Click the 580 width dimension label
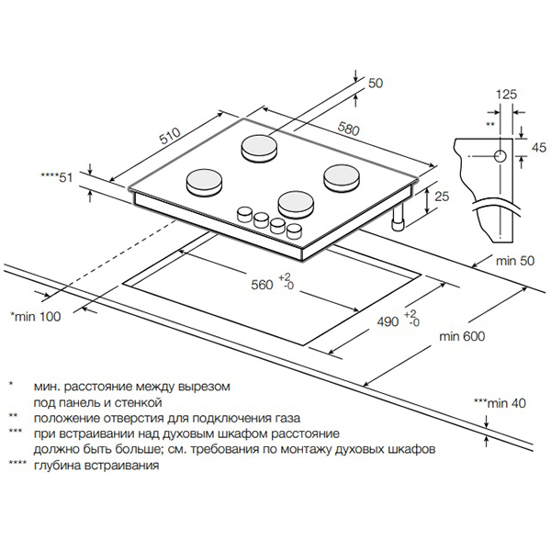349,129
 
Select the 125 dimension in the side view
506,94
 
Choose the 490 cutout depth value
389,321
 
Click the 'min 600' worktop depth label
461,337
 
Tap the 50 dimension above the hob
375,84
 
